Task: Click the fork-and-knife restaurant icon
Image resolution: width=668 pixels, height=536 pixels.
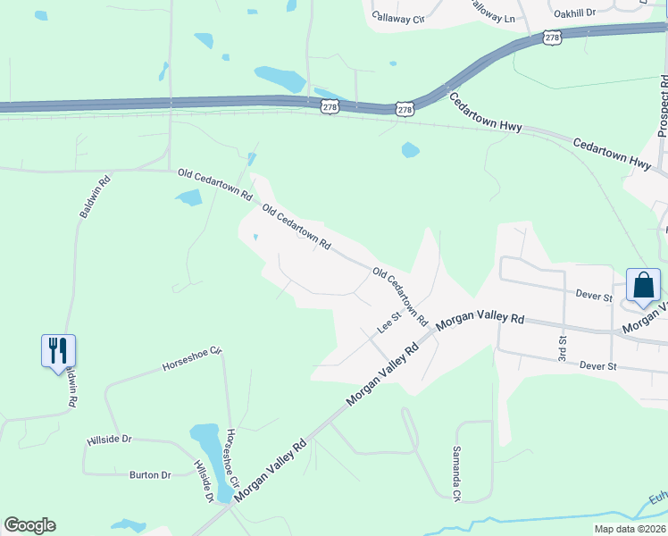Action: coord(59,349)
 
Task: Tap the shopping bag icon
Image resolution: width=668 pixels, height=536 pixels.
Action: coord(643,285)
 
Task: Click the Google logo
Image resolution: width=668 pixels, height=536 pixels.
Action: coord(29,525)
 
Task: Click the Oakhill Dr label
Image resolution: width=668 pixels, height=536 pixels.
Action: coord(574,13)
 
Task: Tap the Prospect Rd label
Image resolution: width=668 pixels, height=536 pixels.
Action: coord(663,107)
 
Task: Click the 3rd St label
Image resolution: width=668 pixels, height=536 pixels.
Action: coord(563,344)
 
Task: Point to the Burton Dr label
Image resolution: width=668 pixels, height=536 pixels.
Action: coord(150,474)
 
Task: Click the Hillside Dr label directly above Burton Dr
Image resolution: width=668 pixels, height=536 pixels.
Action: coord(109,440)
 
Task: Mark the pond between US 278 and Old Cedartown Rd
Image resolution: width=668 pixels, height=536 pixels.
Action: coord(410,149)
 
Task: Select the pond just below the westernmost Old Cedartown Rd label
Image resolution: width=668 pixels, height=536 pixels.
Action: coord(189,197)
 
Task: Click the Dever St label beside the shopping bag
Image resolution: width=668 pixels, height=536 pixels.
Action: coord(594,296)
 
